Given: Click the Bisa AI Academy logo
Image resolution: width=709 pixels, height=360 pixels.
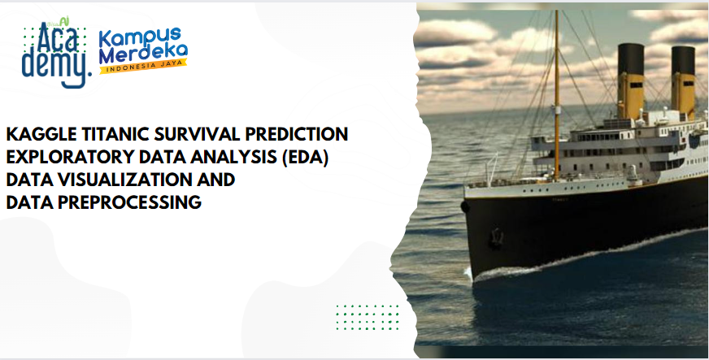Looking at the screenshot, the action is coord(55,53).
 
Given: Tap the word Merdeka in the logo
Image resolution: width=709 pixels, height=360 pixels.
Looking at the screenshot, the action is coord(143,54).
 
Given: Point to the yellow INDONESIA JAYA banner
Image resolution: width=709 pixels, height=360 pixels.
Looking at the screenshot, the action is coord(144,66).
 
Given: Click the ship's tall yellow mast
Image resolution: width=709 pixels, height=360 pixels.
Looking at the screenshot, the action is coord(557,96).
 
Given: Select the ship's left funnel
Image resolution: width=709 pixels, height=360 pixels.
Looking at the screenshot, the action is coord(631,81).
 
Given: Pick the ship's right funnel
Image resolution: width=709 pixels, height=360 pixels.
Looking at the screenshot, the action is coord(683,82).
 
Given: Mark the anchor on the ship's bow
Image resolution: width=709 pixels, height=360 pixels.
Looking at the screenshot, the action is coord(497,237).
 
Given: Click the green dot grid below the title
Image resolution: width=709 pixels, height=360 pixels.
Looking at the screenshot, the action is coord(368,317).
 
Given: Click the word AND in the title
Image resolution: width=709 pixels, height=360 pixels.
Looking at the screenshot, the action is coord(213,180).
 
